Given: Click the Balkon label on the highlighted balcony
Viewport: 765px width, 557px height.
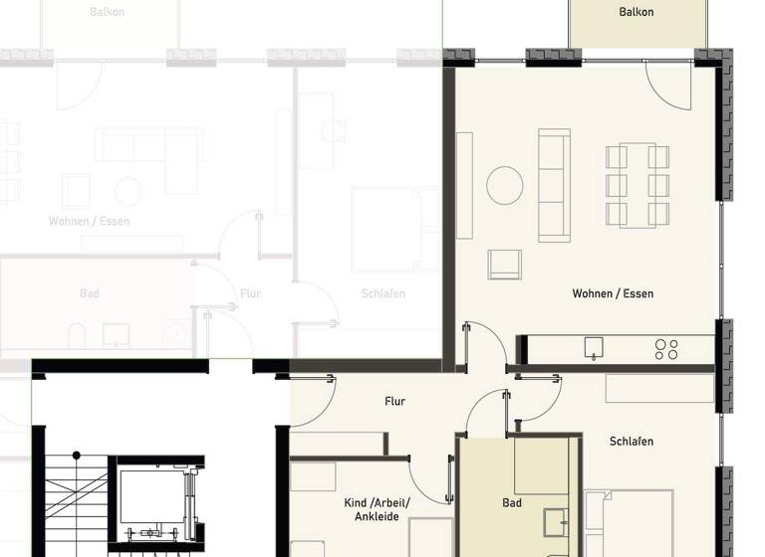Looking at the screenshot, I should click(636, 12).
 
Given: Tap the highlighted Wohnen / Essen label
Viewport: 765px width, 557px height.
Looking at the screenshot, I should click(613, 293).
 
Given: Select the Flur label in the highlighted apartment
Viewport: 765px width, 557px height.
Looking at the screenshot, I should click(394, 402).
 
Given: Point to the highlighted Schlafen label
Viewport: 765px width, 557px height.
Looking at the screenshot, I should click(632, 441).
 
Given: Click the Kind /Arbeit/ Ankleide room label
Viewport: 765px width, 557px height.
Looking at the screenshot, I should click(382, 509).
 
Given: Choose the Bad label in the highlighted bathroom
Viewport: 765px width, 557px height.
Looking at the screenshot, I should click(512, 503).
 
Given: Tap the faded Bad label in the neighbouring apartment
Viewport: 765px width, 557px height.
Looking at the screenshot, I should click(90, 294).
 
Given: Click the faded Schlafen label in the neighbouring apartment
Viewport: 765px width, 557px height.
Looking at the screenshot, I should click(383, 294).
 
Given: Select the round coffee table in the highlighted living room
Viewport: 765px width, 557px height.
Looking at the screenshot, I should click(505, 185).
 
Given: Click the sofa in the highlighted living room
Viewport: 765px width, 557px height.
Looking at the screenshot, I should click(555, 185).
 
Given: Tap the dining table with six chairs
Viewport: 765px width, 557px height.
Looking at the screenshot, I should click(637, 186).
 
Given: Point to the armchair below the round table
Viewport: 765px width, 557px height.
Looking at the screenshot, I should click(505, 264).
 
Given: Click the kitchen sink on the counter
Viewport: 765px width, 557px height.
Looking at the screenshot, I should click(594, 348).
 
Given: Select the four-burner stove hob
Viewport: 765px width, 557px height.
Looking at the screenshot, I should click(666, 349).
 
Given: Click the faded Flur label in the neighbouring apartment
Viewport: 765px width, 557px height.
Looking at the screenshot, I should click(250, 294).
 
